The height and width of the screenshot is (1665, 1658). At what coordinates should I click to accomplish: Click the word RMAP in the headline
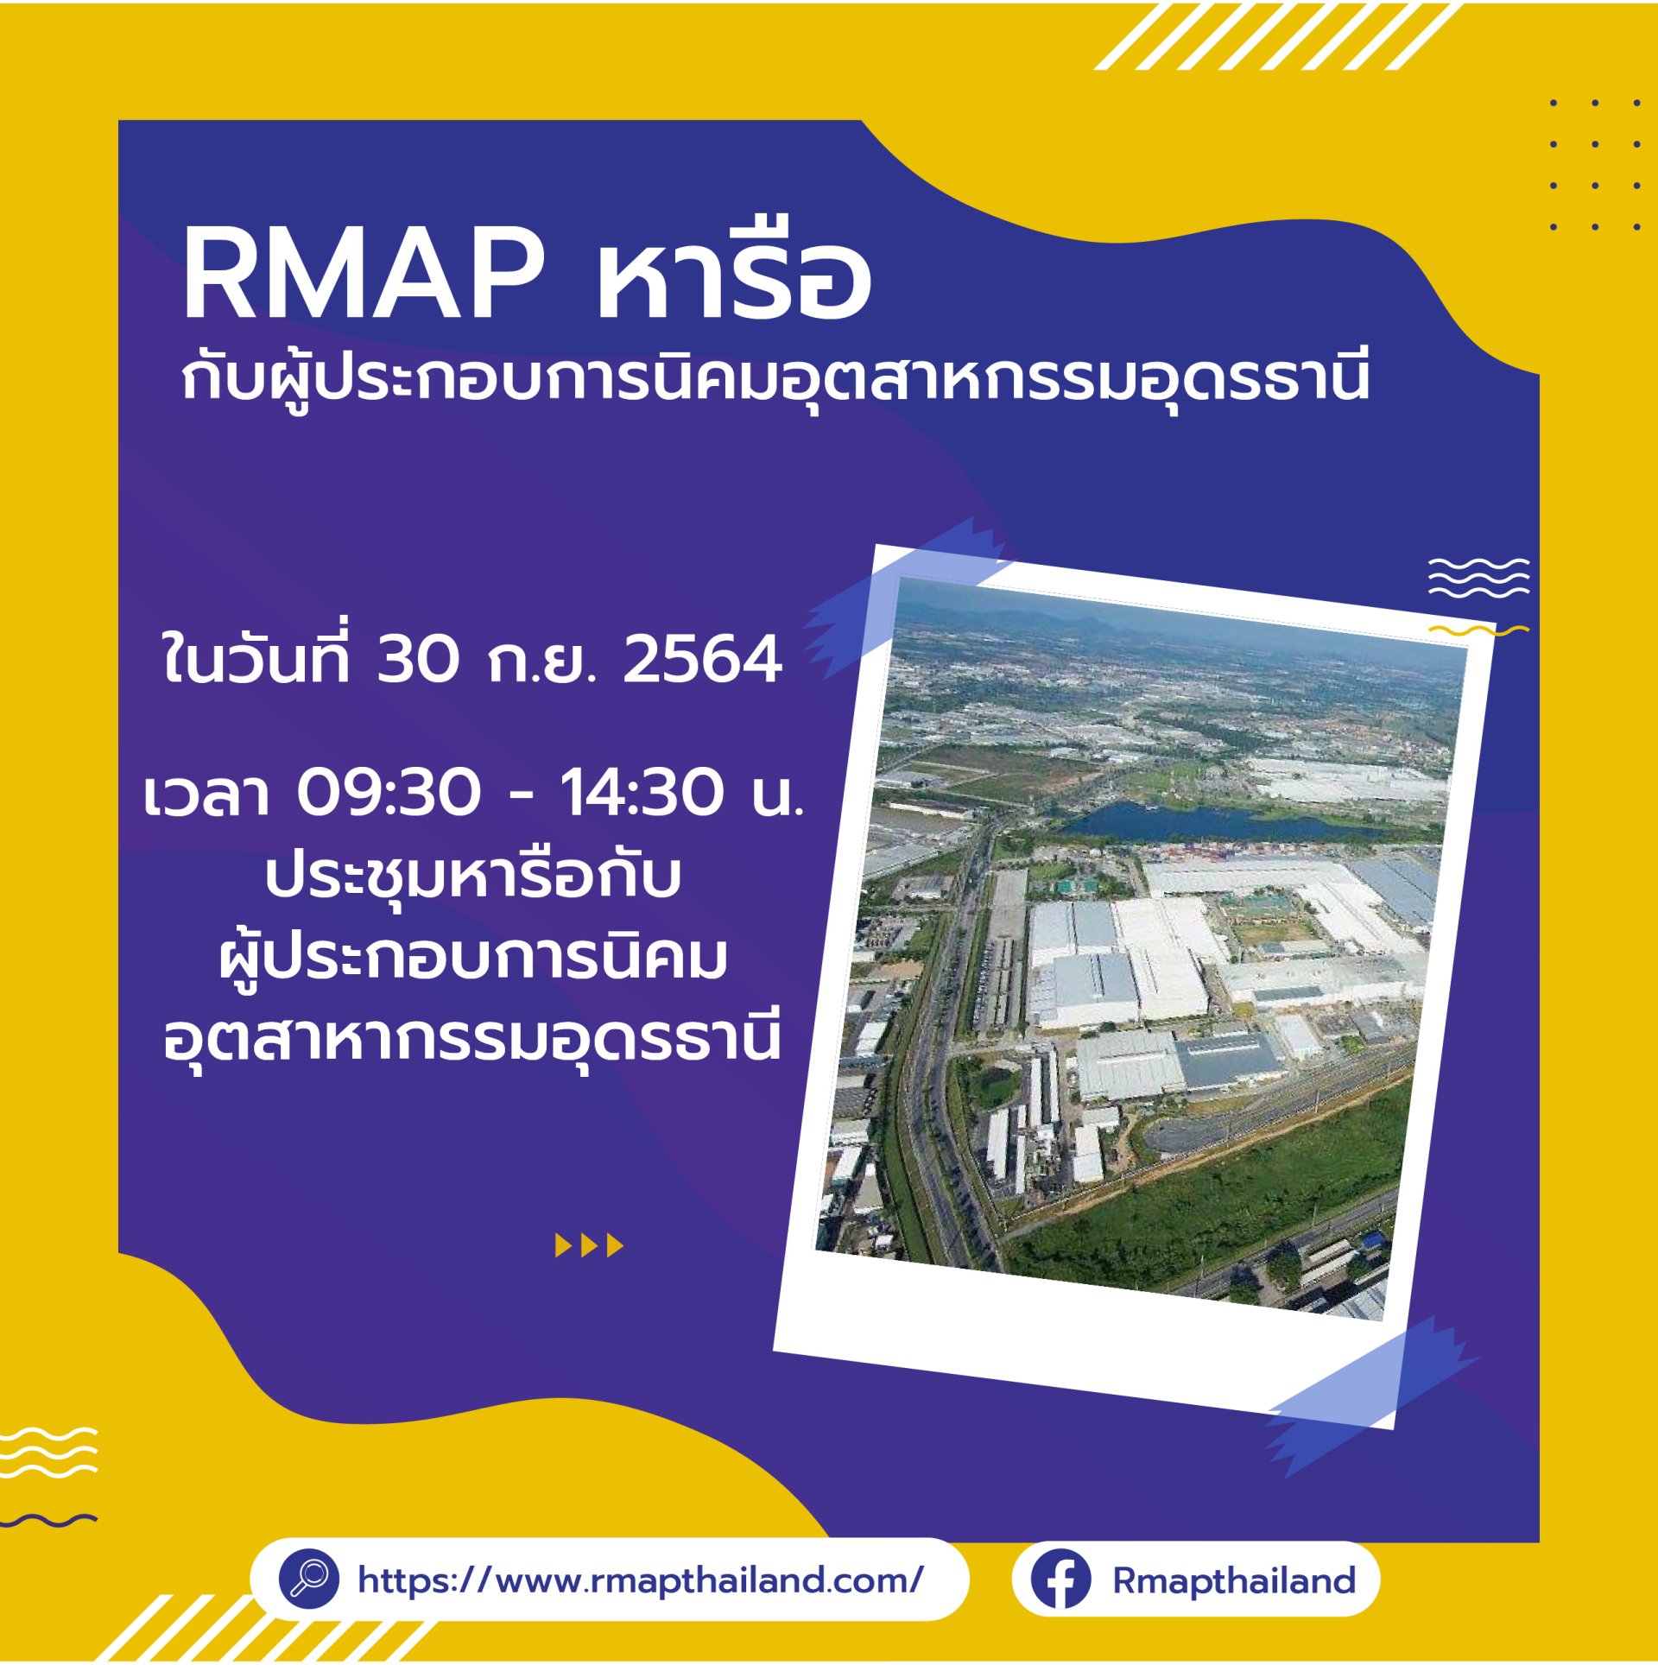pyautogui.click(x=364, y=275)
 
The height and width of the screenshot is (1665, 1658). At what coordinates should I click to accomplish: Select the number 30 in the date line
pyautogui.click(x=417, y=659)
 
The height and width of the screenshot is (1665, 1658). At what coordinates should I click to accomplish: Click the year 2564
pyautogui.click(x=702, y=659)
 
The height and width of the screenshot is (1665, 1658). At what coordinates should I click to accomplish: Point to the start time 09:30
pyautogui.click(x=389, y=792)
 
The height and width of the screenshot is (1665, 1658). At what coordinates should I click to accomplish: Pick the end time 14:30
pyautogui.click(x=642, y=792)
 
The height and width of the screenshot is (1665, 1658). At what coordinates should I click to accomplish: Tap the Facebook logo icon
pyautogui.click(x=1061, y=1580)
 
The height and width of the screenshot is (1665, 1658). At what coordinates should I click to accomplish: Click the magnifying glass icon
pyautogui.click(x=308, y=1579)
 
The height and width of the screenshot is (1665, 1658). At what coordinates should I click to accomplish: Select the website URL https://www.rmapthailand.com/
pyautogui.click(x=641, y=1580)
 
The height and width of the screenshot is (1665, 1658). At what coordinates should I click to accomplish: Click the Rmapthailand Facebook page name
pyautogui.click(x=1234, y=1580)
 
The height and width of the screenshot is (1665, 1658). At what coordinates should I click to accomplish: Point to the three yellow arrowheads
pyautogui.click(x=589, y=1245)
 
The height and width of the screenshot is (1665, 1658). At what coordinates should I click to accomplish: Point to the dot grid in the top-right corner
pyautogui.click(x=1595, y=165)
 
